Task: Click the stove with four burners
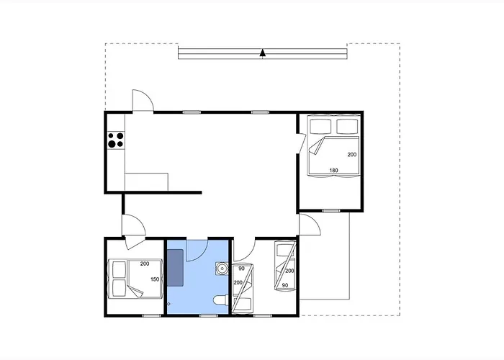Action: [x=116, y=140]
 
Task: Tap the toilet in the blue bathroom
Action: [x=220, y=300]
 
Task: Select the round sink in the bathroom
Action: [x=222, y=268]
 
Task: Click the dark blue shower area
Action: [x=175, y=267]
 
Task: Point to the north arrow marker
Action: [x=263, y=53]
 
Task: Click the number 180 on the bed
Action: [x=333, y=171]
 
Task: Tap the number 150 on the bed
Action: [x=155, y=279]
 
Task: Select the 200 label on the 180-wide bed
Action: [x=352, y=155]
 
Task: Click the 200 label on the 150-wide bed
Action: [x=145, y=264]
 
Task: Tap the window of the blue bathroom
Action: [x=208, y=315]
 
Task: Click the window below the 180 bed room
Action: [x=331, y=211]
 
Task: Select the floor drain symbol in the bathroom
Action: [x=168, y=303]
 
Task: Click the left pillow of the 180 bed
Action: [x=320, y=127]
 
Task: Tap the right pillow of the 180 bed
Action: [x=347, y=127]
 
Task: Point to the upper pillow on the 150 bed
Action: [x=119, y=269]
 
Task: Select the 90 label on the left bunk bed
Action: [x=241, y=269]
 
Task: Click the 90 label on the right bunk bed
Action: [x=285, y=285]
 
